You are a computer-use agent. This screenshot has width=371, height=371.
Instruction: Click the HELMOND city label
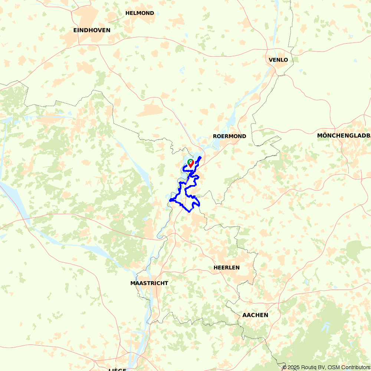click(139, 13)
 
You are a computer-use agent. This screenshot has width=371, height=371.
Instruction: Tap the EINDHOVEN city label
click(92, 30)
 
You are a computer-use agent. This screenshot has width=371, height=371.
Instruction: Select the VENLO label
click(278, 60)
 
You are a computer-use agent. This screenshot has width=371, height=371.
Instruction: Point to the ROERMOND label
click(229, 136)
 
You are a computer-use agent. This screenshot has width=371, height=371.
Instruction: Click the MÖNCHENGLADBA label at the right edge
click(344, 135)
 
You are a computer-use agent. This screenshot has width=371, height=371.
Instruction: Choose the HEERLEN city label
click(226, 267)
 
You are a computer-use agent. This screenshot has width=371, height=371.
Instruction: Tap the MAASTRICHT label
click(149, 283)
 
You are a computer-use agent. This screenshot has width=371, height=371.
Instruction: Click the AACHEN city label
click(255, 315)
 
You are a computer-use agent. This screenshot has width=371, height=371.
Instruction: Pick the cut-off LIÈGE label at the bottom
click(118, 370)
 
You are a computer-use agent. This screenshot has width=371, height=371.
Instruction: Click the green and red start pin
click(190, 163)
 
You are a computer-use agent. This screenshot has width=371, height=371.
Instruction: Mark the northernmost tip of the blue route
click(201, 157)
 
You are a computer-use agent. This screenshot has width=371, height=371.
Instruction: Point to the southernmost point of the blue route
click(189, 212)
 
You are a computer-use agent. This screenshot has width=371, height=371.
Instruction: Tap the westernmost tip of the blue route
click(170, 200)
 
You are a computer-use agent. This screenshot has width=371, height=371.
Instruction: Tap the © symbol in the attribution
click(285, 367)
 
